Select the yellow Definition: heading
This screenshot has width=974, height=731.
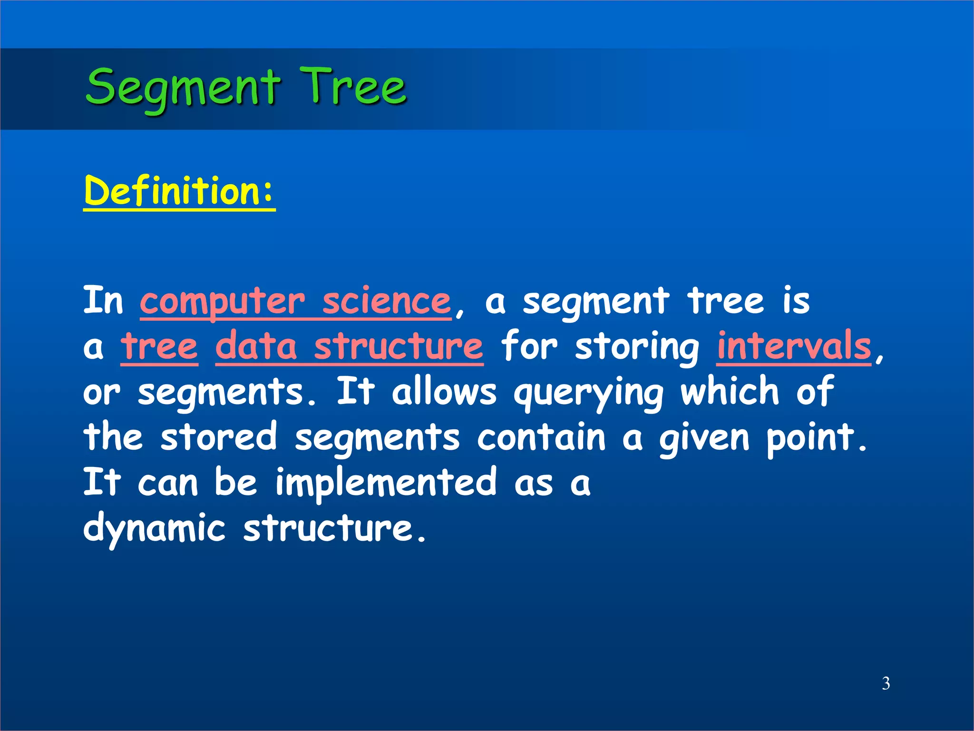[x=179, y=191]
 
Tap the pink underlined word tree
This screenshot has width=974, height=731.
[x=159, y=346]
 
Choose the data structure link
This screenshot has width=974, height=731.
[x=349, y=346]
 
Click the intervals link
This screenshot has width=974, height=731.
[x=794, y=346]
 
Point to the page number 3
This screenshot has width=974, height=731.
[x=886, y=683]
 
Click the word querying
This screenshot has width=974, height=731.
[x=588, y=393]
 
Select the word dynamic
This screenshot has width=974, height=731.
[x=154, y=528]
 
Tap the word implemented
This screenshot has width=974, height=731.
[x=386, y=483]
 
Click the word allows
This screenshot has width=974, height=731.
[x=444, y=392]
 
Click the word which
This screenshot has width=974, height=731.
[x=730, y=392]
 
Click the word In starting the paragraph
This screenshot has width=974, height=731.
[x=103, y=301]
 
